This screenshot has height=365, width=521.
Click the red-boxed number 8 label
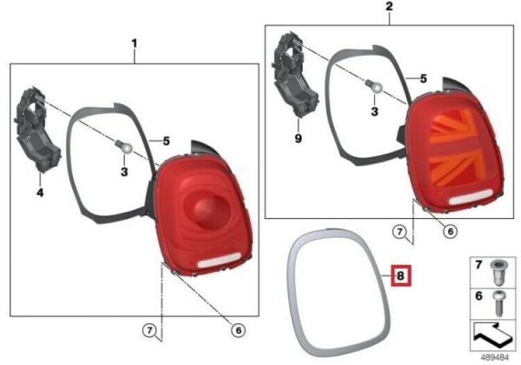pyautogui.click(x=400, y=275)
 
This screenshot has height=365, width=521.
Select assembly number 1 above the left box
pyautogui.click(x=135, y=43)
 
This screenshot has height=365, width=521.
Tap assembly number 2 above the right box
pyautogui.click(x=389, y=6)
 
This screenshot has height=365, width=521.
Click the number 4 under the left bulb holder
pyautogui.click(x=40, y=192)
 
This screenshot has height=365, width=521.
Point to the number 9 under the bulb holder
pyautogui.click(x=298, y=138)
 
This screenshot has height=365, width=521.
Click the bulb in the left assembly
pyautogui.click(x=124, y=147)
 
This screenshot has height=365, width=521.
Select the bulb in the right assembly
pyautogui.click(x=374, y=86)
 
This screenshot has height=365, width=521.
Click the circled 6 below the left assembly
pyautogui.click(x=238, y=330)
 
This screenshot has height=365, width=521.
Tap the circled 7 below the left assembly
pyautogui.click(x=149, y=330)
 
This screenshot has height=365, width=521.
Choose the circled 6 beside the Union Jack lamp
pyautogui.click(x=450, y=231)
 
